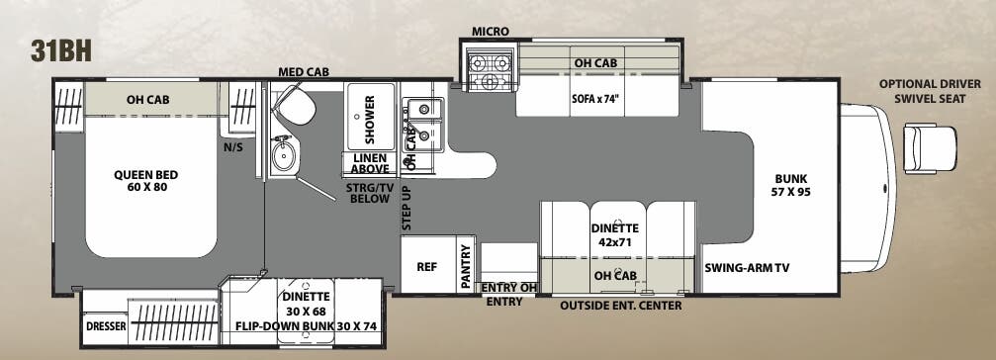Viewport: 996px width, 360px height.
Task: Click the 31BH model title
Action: (x=60, y=52)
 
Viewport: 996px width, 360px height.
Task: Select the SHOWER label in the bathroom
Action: (x=370, y=120)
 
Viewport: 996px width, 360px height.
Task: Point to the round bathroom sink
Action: (x=286, y=156)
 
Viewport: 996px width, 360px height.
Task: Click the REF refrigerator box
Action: (x=426, y=266)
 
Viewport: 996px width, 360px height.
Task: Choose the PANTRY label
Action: (x=466, y=267)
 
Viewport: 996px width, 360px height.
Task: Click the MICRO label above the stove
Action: (x=491, y=32)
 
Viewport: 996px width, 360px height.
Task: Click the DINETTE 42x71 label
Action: (x=613, y=234)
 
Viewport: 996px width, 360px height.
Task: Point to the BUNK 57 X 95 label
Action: (x=791, y=185)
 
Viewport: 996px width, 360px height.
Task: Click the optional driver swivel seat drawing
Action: (x=931, y=147)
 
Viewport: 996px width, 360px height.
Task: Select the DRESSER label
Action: (x=104, y=325)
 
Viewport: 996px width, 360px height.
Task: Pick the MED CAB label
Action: (x=304, y=72)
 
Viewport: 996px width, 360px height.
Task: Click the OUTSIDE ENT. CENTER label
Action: (x=620, y=305)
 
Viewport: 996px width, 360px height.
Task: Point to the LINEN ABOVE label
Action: (x=368, y=163)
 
